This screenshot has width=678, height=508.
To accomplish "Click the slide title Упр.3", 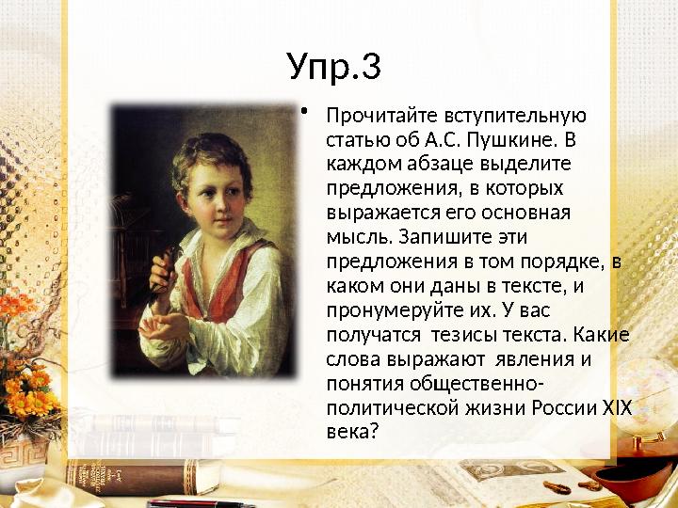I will [334, 68].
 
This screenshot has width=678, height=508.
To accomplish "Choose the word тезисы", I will [454, 334].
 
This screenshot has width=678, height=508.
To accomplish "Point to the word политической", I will [388, 407].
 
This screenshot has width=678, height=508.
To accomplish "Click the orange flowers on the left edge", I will [28, 376].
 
